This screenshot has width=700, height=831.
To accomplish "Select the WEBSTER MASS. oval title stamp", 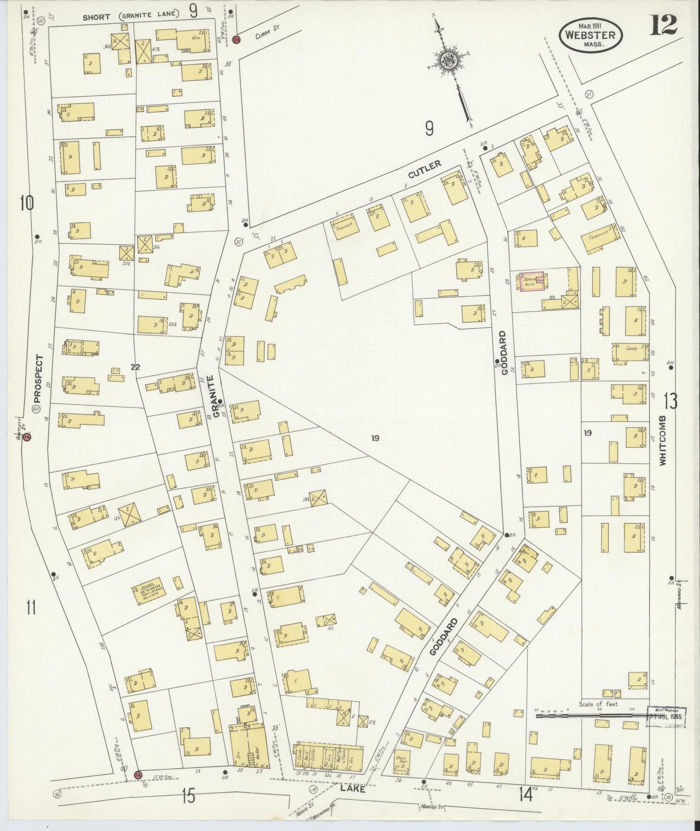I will point(591,35).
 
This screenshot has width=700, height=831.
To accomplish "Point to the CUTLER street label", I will point(425,171).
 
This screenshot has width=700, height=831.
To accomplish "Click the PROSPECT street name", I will point(39,379).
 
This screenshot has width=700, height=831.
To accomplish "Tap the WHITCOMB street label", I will point(663,440).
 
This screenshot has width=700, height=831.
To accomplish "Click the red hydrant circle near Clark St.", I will point(237,39).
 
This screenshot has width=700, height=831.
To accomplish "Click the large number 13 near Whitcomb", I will point(671,401).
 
